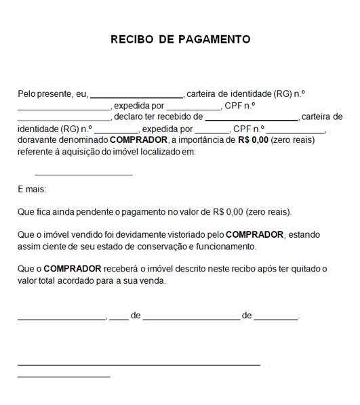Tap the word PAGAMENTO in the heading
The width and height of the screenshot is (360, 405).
214,39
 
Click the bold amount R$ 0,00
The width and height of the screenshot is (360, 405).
253,140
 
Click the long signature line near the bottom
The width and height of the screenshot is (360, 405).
139,365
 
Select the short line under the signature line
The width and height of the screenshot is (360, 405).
64,376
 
